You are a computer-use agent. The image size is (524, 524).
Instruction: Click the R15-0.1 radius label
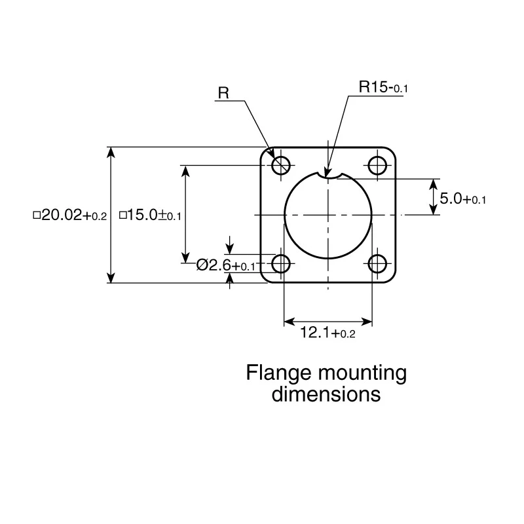(x=383, y=87)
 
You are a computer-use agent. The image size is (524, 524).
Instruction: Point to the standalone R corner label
(x=223, y=92)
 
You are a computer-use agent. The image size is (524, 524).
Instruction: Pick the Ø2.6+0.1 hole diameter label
(x=225, y=265)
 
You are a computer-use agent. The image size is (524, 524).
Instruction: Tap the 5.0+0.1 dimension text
(x=463, y=198)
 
